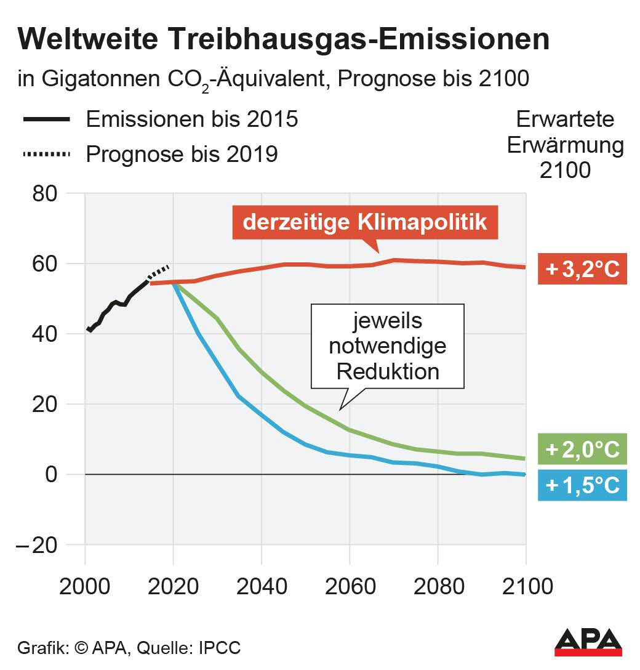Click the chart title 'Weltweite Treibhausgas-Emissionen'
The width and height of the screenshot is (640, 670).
284,40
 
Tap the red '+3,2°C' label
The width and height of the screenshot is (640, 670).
582,269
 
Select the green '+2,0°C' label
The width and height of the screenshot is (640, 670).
582,450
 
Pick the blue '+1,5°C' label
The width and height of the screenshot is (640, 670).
582,485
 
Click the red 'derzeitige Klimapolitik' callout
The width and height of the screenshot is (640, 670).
365,222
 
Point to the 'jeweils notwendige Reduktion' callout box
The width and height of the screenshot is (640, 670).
387,346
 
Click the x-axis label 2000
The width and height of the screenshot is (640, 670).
85,587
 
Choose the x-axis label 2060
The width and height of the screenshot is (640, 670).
349,587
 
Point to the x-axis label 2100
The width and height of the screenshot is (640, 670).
525,587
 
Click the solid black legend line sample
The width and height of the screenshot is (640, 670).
46,119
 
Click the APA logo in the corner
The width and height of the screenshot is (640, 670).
588,642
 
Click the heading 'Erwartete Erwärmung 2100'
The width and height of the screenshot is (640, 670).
565,145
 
